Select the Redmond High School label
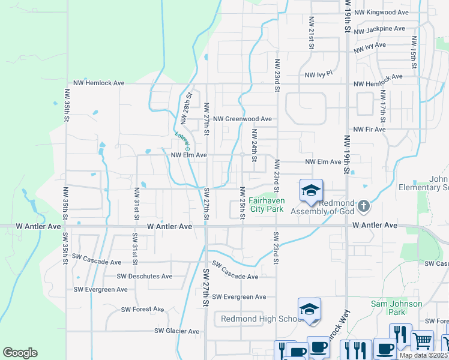[x=262, y=319]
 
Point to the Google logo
[x=20, y=353]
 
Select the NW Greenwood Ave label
[x=243, y=119]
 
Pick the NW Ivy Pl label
[x=318, y=75]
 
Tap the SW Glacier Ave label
[x=176, y=331]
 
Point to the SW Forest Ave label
[x=142, y=310]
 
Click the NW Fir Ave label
[x=369, y=130]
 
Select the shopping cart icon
[x=422, y=341]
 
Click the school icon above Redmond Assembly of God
[x=311, y=191]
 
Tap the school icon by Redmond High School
[x=309, y=310]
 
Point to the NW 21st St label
[x=312, y=39]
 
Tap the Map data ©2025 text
[x=423, y=355]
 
